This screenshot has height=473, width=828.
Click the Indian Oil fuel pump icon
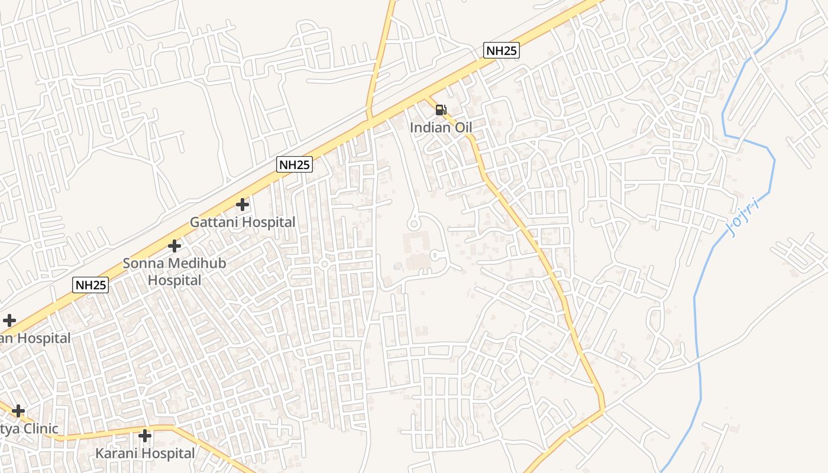pos(441,109)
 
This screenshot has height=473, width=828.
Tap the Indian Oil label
pos(441,127)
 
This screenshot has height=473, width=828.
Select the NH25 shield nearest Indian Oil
pos(501,50)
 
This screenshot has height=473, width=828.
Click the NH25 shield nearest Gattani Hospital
pos(294,164)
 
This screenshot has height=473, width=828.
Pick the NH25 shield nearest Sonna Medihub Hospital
pos(91,285)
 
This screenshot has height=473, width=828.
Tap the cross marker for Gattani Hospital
pos(242,205)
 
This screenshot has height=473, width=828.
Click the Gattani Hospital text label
pos(242,222)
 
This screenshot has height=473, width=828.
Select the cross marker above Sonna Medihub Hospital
pos(174,245)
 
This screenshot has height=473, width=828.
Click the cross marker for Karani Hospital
pos(145,436)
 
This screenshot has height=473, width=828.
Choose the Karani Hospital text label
pos(145,453)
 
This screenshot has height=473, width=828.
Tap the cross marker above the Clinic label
pos(18,410)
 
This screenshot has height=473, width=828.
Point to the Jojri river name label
pos(743,217)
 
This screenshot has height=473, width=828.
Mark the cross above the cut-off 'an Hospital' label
pos(9,320)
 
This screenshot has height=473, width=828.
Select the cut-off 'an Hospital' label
pos(35,338)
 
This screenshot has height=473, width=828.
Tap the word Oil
pos(462,127)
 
